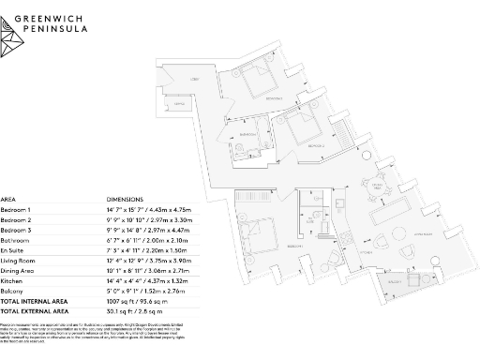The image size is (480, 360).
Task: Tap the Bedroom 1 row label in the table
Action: click(x=16, y=210)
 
